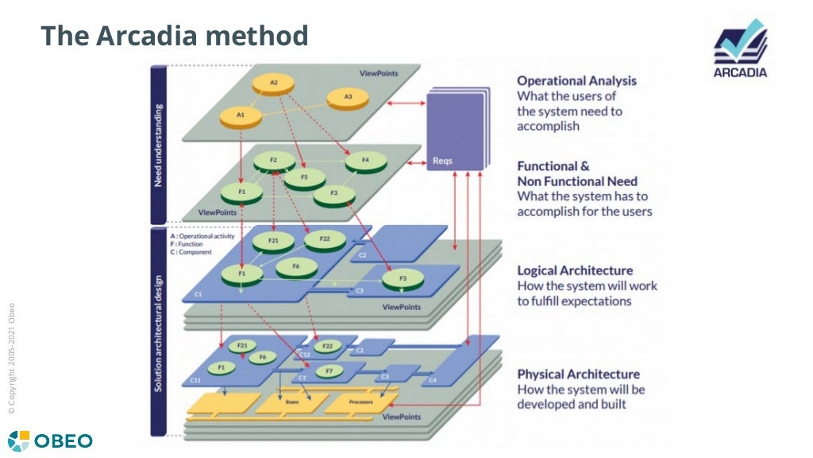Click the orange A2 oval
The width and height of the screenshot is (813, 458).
274,83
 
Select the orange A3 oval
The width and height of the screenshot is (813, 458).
348,98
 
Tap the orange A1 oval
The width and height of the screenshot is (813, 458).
240,116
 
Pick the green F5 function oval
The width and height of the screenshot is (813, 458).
304,177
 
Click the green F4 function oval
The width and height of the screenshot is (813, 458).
365,162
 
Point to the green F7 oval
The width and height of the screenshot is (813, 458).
327,371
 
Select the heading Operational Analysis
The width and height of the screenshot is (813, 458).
576,81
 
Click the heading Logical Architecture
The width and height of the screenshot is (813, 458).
575,270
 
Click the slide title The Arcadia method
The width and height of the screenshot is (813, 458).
174,36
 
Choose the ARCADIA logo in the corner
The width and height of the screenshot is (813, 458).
740,49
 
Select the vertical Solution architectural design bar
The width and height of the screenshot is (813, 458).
158,332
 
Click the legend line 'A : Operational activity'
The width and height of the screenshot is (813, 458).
202,236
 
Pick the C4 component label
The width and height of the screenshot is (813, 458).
433,381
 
